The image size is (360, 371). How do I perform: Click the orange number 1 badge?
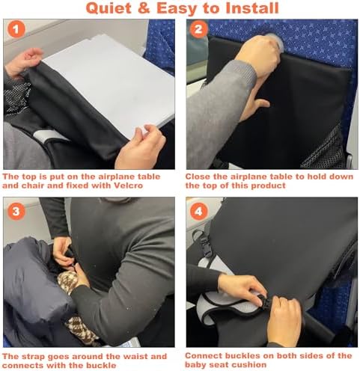click(16, 29)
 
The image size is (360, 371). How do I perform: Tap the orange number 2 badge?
click(198, 29)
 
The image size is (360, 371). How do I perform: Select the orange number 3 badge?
click(16, 212)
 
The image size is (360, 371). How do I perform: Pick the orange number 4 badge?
click(199, 212)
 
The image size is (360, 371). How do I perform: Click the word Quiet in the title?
click(109, 8)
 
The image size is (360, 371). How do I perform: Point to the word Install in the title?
click(252, 7)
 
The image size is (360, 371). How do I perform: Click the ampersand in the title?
click(144, 7)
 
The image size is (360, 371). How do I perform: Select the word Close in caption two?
click(196, 177)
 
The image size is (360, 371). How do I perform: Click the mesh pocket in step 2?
click(324, 150)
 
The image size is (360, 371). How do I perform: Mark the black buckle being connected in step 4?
click(263, 301)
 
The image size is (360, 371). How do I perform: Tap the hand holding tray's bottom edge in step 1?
click(140, 147)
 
